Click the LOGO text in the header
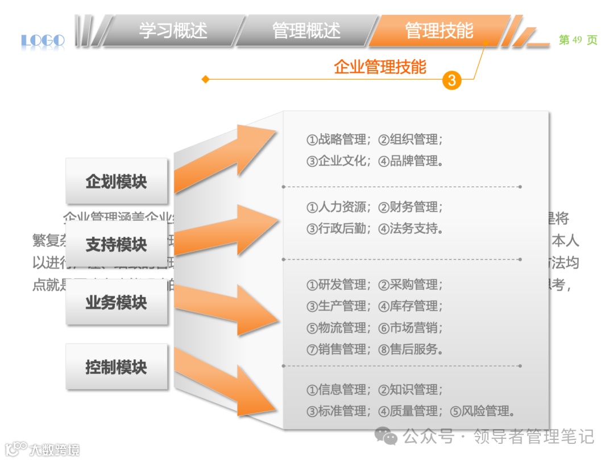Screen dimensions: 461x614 [43, 40]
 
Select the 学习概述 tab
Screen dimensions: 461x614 [173, 30]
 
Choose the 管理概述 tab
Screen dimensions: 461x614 [306, 30]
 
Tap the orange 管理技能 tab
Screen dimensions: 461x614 [439, 30]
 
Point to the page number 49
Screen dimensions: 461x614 [578, 40]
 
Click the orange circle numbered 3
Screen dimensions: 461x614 [452, 80]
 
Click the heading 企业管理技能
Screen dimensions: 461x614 [380, 67]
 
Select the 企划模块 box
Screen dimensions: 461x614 [117, 182]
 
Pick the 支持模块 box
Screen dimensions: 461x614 [117, 245]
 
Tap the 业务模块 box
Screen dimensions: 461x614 [117, 302]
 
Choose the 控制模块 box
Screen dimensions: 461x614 [117, 367]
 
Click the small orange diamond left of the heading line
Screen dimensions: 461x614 [206, 80]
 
